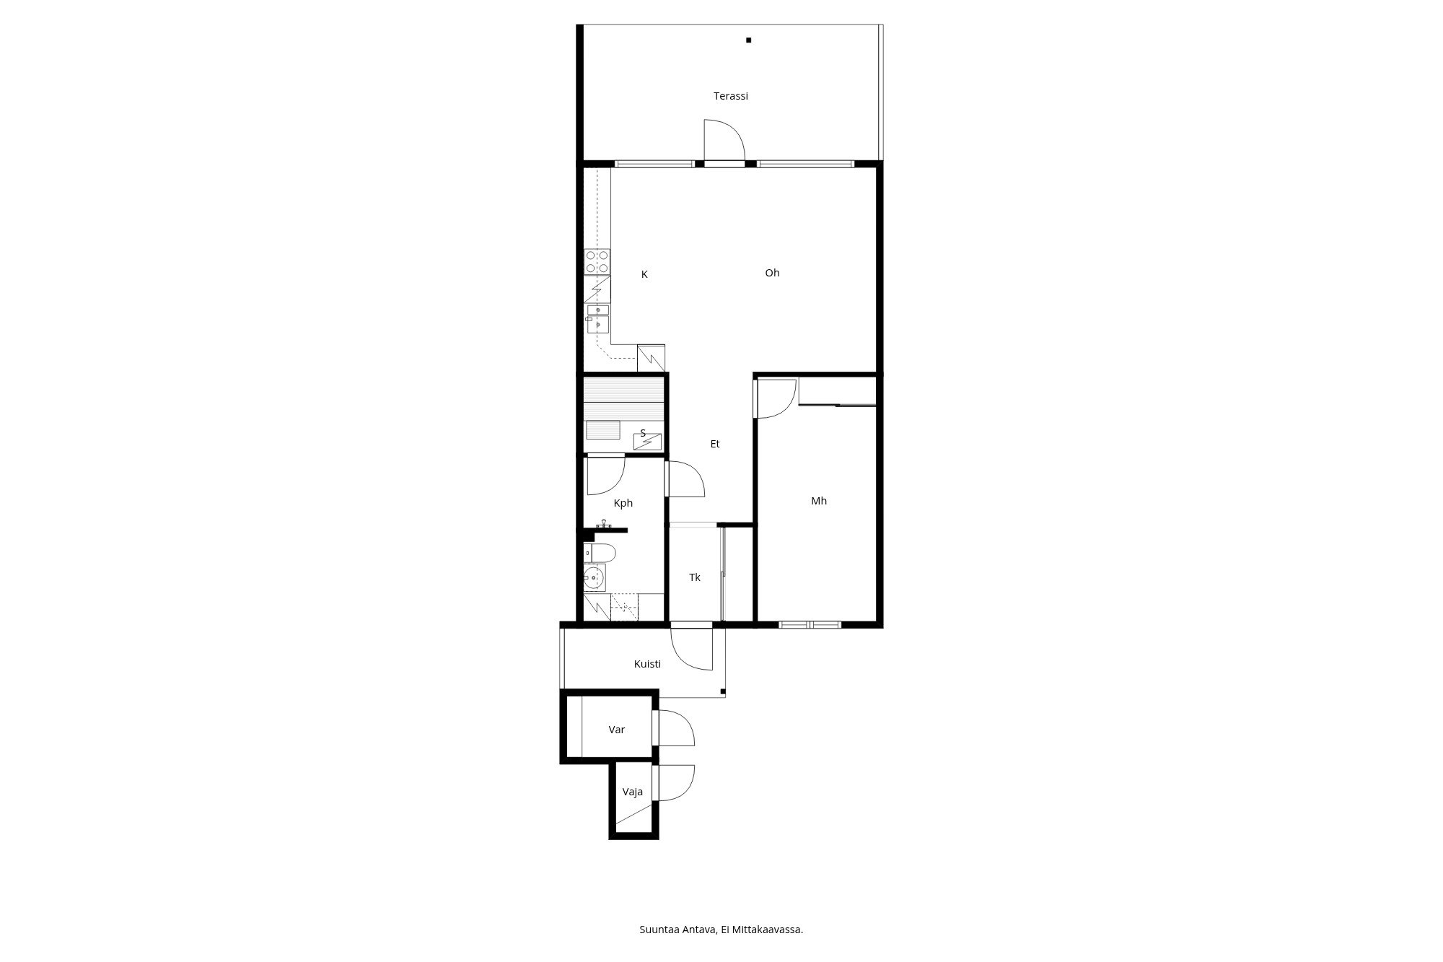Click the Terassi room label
click(x=730, y=96)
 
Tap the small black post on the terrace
click(x=749, y=40)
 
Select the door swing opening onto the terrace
click(x=724, y=139)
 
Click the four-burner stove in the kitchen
click(x=597, y=261)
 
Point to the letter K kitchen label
click(x=644, y=274)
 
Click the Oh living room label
click(x=772, y=273)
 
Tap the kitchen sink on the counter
click(x=597, y=318)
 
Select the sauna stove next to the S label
click(x=647, y=440)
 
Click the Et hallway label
click(x=715, y=444)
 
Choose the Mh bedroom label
click(x=819, y=501)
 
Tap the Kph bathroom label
click(x=623, y=503)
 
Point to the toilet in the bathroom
click(x=600, y=554)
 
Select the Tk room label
click(x=695, y=577)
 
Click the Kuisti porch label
click(x=647, y=664)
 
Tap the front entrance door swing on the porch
click(x=692, y=650)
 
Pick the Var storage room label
click(x=617, y=730)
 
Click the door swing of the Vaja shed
click(x=673, y=783)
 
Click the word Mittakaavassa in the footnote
click(x=768, y=930)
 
